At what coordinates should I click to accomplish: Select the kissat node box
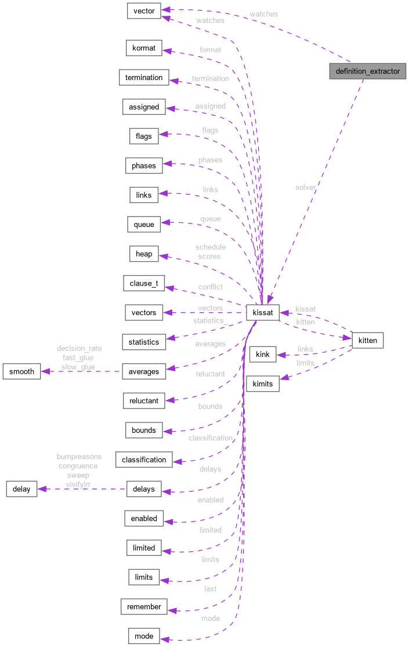pyautogui.click(x=263, y=312)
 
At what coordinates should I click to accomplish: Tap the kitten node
pyautogui.click(x=367, y=340)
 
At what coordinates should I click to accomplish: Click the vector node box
pyautogui.click(x=144, y=11)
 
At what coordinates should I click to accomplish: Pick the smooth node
pyautogui.click(x=21, y=371)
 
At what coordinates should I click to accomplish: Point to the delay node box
pyautogui.click(x=21, y=489)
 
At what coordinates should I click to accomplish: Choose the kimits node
pyautogui.click(x=263, y=384)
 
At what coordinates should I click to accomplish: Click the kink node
pyautogui.click(x=263, y=355)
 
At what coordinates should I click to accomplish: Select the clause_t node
pyautogui.click(x=144, y=283)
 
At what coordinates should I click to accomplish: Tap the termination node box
pyautogui.click(x=144, y=77)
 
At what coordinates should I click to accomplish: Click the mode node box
pyautogui.click(x=144, y=636)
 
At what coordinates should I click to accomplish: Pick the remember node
pyautogui.click(x=144, y=606)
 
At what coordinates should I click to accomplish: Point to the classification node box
pyautogui.click(x=144, y=460)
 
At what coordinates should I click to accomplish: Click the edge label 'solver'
pyautogui.click(x=305, y=187)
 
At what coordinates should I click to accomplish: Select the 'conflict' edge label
pyautogui.click(x=210, y=287)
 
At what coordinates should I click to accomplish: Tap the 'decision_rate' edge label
pyautogui.click(x=79, y=348)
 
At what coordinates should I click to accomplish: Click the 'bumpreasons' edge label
pyautogui.click(x=79, y=457)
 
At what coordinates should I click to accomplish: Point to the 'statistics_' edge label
pyautogui.click(x=210, y=320)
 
